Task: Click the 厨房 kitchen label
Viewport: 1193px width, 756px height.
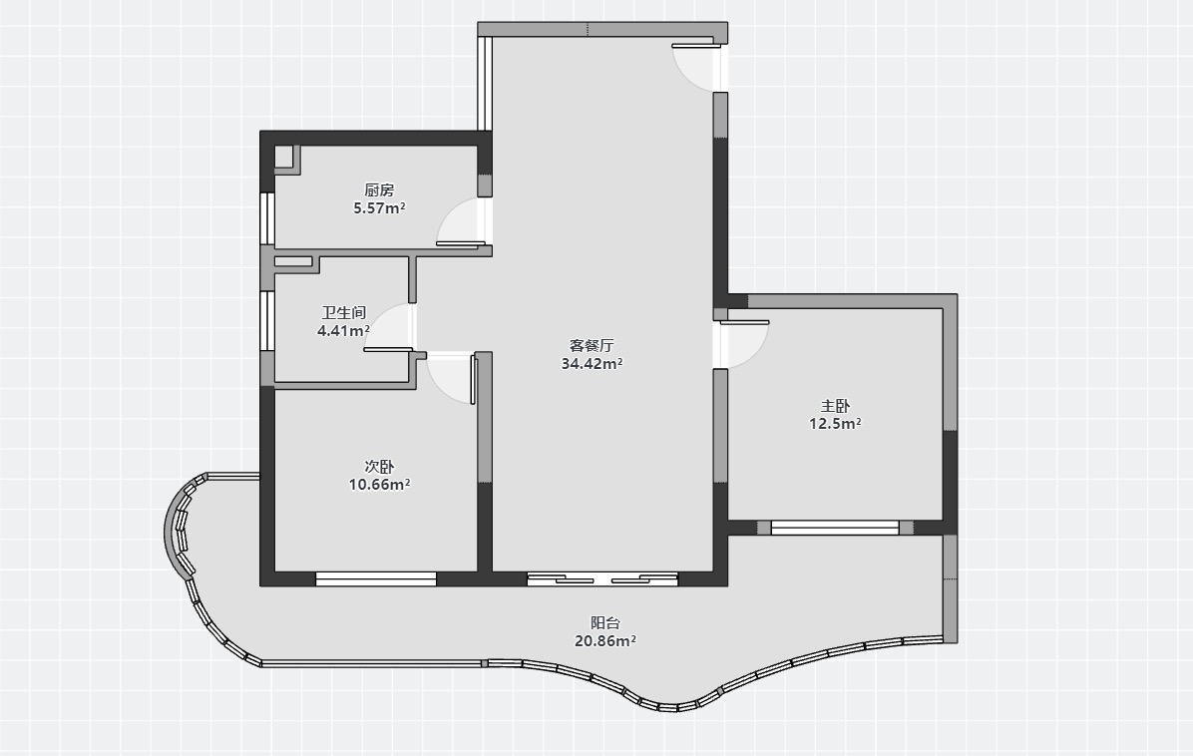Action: click(379, 190)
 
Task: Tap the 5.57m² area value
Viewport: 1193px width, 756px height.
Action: click(379, 207)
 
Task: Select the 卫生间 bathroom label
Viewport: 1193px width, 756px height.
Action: click(343, 312)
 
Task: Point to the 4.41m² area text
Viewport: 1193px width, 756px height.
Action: click(343, 331)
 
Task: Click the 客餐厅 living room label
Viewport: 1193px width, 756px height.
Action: click(592, 345)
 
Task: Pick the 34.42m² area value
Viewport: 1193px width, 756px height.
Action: click(592, 364)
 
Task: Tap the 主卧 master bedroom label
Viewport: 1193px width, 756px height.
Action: click(835, 406)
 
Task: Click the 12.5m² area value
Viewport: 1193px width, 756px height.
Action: click(835, 424)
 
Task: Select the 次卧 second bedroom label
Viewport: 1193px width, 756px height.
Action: click(379, 466)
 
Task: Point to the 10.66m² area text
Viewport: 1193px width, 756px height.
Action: click(379, 485)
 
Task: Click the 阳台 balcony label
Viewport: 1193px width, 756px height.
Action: click(604, 623)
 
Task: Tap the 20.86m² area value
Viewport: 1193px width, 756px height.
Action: click(604, 640)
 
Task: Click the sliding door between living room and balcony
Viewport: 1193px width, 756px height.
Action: click(602, 578)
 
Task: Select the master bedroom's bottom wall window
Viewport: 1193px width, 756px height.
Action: click(835, 527)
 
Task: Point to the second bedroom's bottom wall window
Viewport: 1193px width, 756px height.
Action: click(376, 578)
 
